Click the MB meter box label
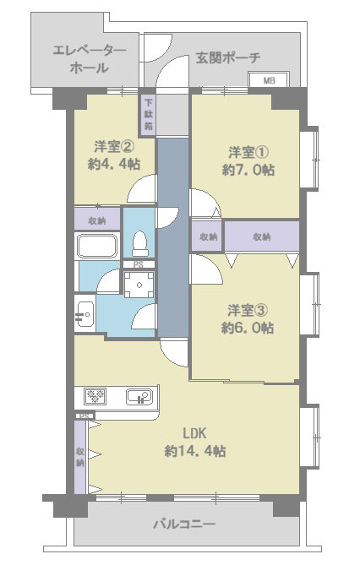269,80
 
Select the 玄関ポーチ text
228,57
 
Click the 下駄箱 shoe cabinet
149,114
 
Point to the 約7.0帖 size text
248,170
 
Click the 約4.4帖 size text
114,164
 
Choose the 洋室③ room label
248,310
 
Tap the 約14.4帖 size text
195,450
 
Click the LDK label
195,432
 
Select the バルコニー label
184,524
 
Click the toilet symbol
139,243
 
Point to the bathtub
97,246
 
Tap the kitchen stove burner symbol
95,397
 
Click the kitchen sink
139,397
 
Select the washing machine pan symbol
139,285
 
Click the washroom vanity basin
85,314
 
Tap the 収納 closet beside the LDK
80,457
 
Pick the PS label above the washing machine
139,265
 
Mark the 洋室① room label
248,152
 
